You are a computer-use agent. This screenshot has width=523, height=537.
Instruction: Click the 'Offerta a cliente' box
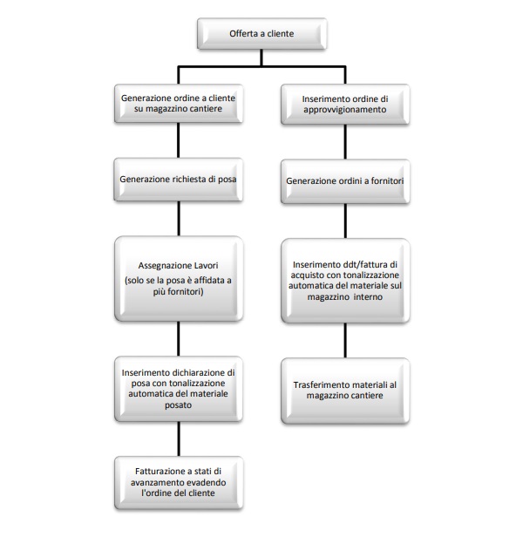click(262, 33)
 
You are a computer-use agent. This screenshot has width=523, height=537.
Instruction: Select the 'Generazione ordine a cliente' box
click(179, 104)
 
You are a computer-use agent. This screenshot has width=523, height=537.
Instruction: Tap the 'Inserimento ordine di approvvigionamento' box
click(345, 104)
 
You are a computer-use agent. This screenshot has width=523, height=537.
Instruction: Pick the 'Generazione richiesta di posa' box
click(179, 180)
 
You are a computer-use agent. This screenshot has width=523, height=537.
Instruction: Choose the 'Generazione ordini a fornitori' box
click(345, 181)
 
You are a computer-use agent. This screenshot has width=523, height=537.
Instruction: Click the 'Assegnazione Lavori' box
click(179, 278)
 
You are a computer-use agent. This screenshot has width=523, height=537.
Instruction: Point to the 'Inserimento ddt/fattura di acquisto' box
click(345, 281)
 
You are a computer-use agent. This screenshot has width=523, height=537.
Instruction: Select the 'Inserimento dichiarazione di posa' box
click(179, 389)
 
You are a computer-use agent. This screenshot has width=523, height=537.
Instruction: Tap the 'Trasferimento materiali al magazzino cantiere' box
click(345, 391)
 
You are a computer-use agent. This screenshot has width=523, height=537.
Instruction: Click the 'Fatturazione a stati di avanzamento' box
click(179, 483)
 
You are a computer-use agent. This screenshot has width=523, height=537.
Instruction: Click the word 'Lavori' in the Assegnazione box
click(207, 265)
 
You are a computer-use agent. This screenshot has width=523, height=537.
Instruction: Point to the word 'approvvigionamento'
click(345, 110)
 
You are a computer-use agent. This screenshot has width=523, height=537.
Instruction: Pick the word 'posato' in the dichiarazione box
click(178, 405)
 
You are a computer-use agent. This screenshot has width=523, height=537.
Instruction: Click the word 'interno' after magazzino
click(368, 296)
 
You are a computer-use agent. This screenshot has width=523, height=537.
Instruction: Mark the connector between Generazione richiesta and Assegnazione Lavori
click(179, 219)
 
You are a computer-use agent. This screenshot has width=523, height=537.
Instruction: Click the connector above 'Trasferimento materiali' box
click(345, 340)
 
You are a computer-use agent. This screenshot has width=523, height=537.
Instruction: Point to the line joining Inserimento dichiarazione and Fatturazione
click(179, 439)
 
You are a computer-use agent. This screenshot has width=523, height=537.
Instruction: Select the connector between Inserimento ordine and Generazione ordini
click(345, 142)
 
